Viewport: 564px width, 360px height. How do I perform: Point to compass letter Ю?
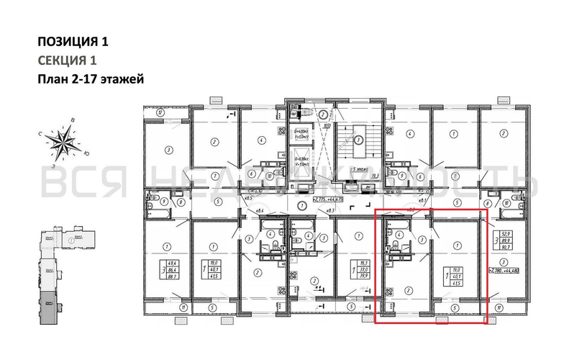coord(86,153)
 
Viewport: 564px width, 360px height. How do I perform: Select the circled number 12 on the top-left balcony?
coord(159,112)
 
